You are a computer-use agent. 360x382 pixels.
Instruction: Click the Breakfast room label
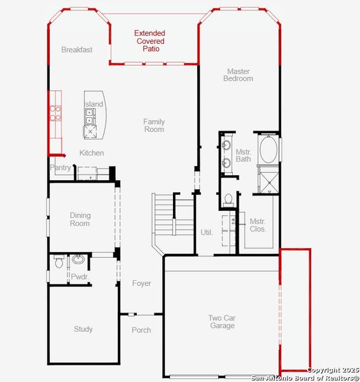pos(77,50)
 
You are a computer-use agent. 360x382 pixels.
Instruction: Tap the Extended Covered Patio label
pos(149,41)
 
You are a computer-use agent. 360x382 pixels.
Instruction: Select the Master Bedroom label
pos(238,75)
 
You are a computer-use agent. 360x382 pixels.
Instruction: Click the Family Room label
pos(154,125)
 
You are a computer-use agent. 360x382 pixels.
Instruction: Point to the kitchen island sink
pos(90,115)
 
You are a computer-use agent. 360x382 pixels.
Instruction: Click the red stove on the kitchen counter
pos(56,113)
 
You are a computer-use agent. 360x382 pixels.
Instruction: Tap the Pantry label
pos(60,167)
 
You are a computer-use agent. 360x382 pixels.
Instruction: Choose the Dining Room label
pos(80,220)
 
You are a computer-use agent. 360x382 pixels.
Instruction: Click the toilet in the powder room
pos(59,260)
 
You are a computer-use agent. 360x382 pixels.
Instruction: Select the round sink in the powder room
pos(78,259)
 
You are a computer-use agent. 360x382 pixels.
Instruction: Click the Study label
pos(83,329)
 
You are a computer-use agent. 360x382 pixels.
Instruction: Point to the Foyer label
pos(141,283)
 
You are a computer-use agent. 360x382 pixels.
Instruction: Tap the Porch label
pos(141,330)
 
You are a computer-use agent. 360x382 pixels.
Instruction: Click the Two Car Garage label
pos(221,322)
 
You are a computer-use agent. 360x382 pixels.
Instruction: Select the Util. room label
pos(207,232)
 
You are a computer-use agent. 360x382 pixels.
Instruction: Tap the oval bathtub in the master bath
pos(268,150)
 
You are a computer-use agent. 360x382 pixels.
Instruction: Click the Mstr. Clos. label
pos(258,225)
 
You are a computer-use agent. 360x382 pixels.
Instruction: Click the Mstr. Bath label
pos(244,155)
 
